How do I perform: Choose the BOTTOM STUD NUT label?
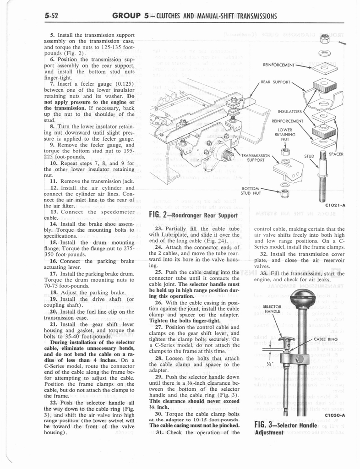pos(251,190)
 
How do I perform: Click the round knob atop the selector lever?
pos(303,299)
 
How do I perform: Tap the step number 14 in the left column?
pos(54,225)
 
